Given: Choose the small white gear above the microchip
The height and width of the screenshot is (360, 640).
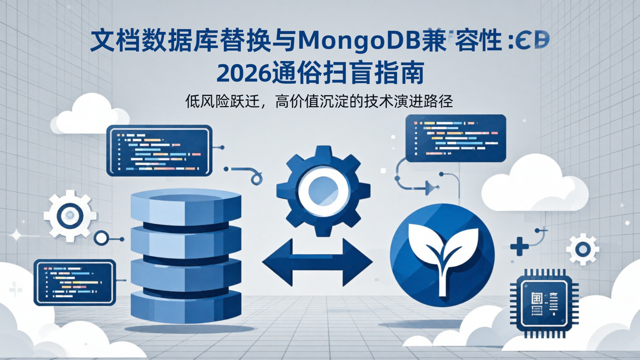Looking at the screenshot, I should (x=582, y=250).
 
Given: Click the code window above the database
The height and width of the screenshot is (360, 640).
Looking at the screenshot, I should (x=159, y=150).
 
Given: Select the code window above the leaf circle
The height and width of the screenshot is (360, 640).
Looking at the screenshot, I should (x=456, y=138).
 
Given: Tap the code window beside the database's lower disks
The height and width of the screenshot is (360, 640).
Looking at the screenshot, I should (x=75, y=283).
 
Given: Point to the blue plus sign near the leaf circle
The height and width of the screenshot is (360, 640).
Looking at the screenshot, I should (x=519, y=246).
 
